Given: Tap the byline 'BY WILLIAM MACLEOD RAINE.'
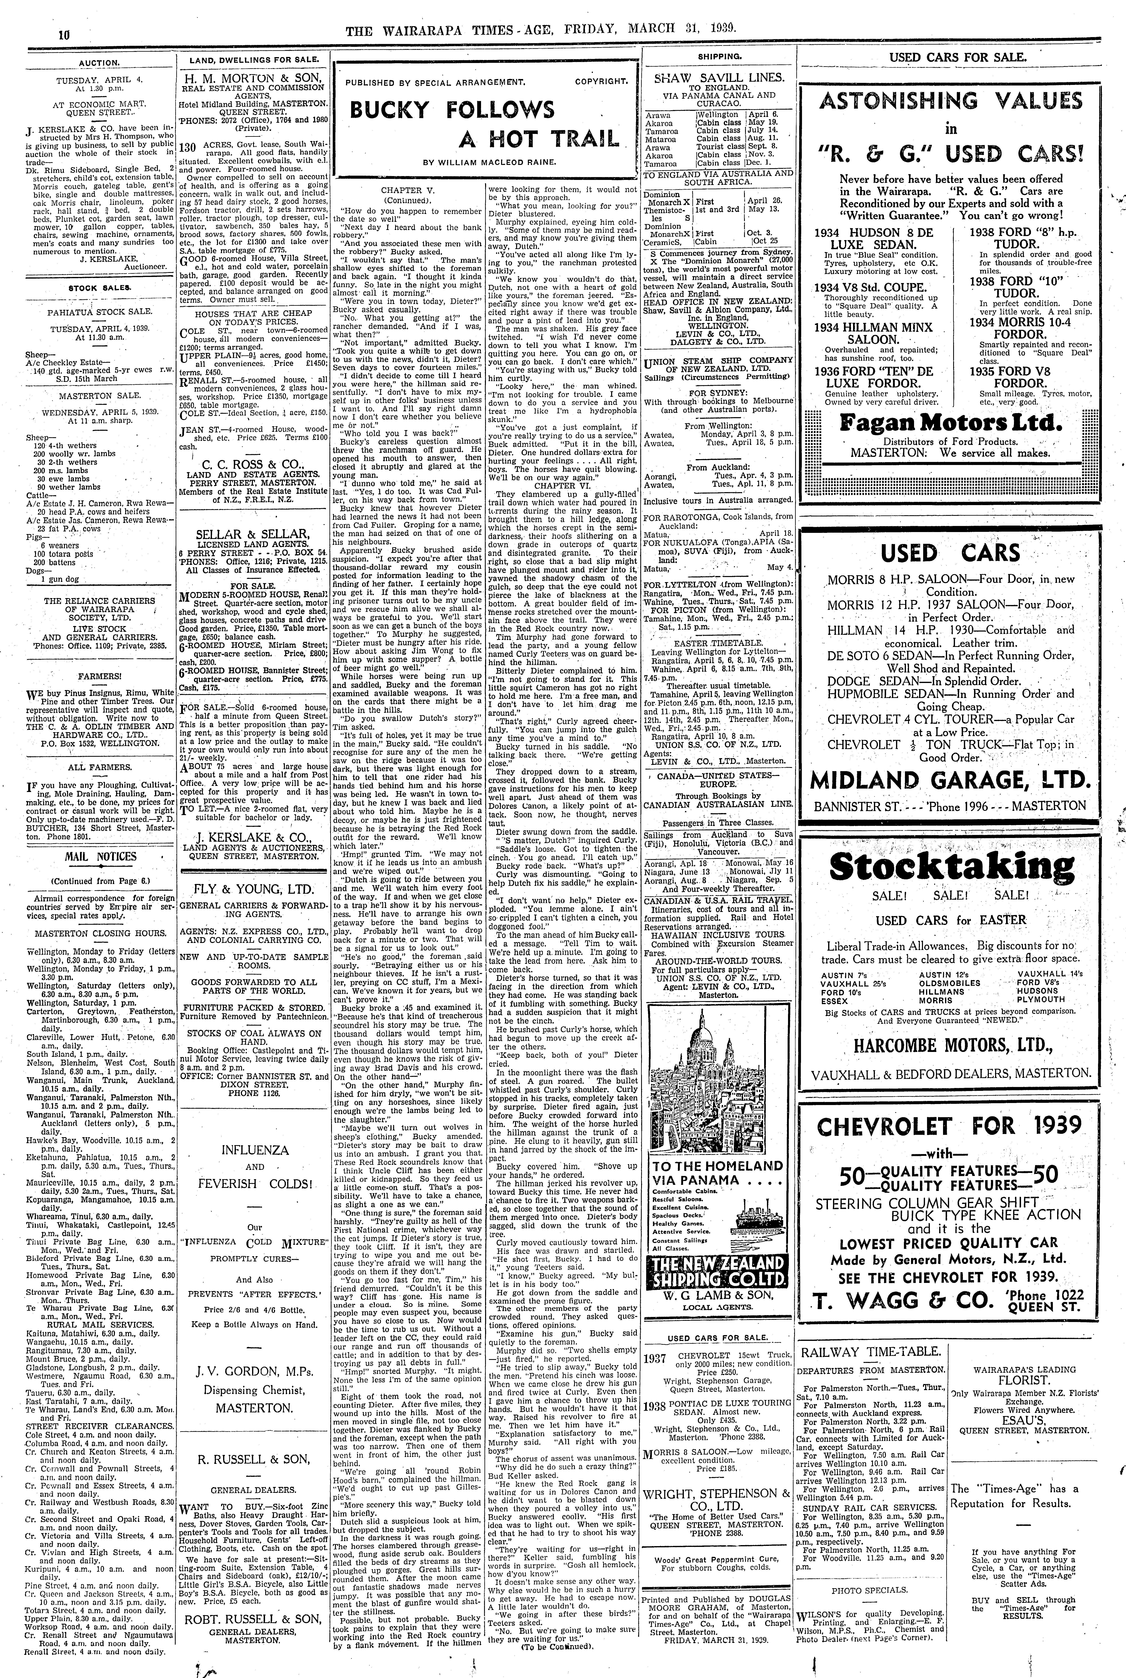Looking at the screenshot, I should coord(485,163).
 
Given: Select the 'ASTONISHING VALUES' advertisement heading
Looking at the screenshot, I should coord(952,100).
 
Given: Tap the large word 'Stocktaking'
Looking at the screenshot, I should coord(952,866).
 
